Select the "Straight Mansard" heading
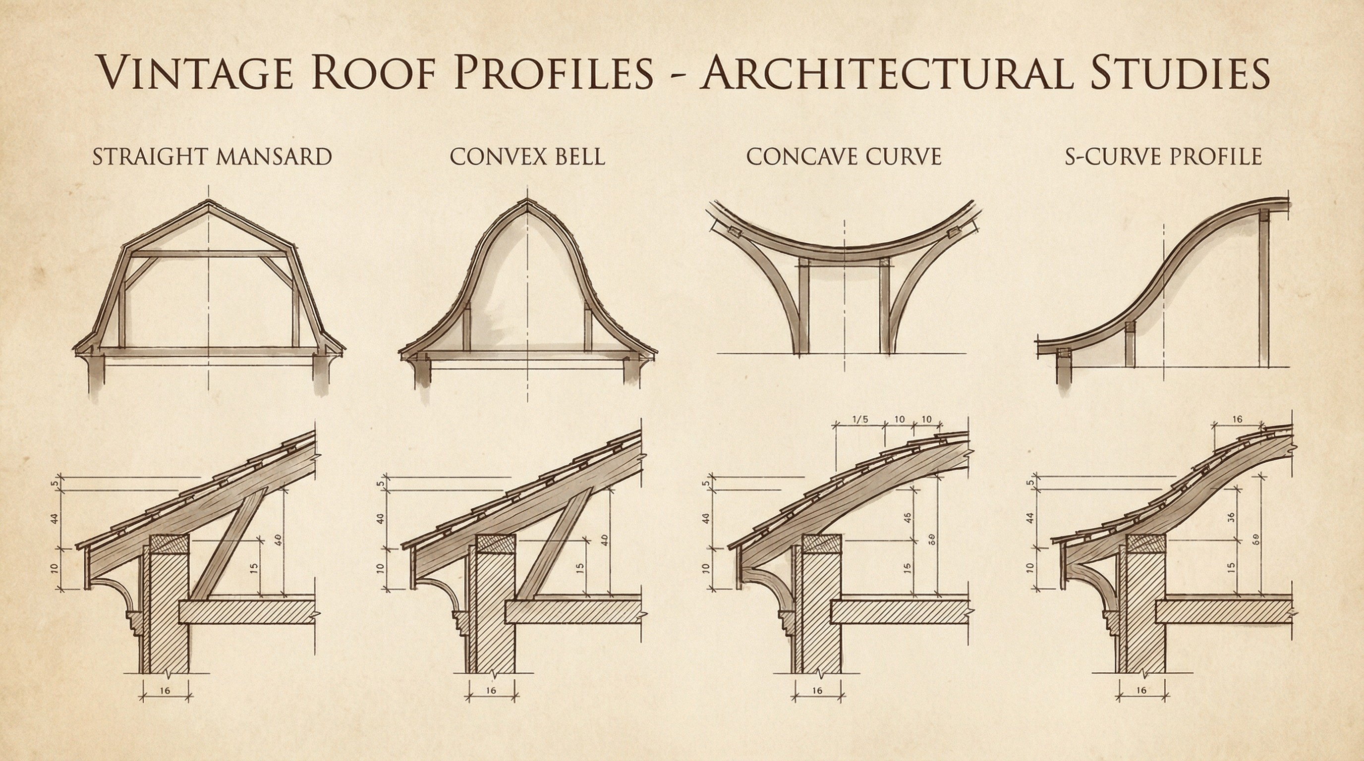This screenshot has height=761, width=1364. point(212,157)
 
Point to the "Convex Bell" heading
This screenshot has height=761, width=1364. point(527,157)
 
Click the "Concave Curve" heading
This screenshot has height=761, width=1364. point(844,157)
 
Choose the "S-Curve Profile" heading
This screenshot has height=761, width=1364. point(1163,157)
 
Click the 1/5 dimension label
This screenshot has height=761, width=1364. point(860,420)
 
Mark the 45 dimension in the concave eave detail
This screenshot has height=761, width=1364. point(907,518)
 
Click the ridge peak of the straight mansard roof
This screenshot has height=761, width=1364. point(209,202)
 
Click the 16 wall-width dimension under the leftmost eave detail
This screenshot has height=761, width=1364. point(165,690)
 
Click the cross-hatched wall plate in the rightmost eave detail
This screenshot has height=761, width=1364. point(1147,543)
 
